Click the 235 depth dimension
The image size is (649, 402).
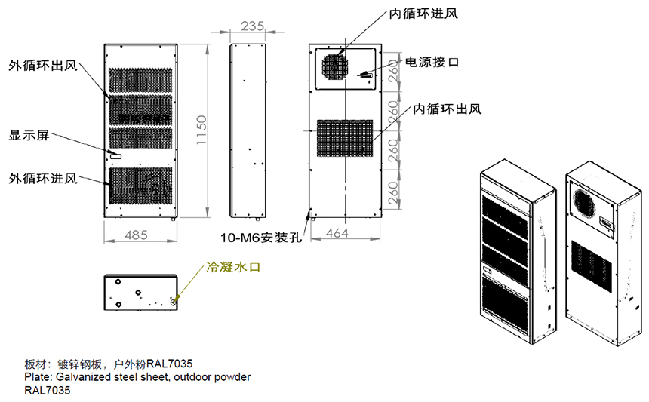[253, 26]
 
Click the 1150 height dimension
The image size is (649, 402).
[201, 130]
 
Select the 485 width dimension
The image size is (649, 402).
[136, 235]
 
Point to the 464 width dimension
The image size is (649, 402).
[337, 233]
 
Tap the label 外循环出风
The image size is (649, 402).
[44, 66]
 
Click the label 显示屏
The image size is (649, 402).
[29, 135]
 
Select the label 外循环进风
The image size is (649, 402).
[44, 179]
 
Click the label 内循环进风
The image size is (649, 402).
[423, 14]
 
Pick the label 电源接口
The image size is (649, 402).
[432, 62]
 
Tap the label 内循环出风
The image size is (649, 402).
[448, 109]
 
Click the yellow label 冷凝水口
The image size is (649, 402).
[233, 267]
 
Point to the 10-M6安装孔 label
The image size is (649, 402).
[261, 238]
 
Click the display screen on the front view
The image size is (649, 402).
[115, 156]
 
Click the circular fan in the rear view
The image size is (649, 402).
[335, 67]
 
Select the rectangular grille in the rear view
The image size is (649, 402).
[345, 138]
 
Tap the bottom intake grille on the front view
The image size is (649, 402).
[140, 186]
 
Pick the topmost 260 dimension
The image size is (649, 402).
[394, 71]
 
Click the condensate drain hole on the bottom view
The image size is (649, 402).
[174, 302]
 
